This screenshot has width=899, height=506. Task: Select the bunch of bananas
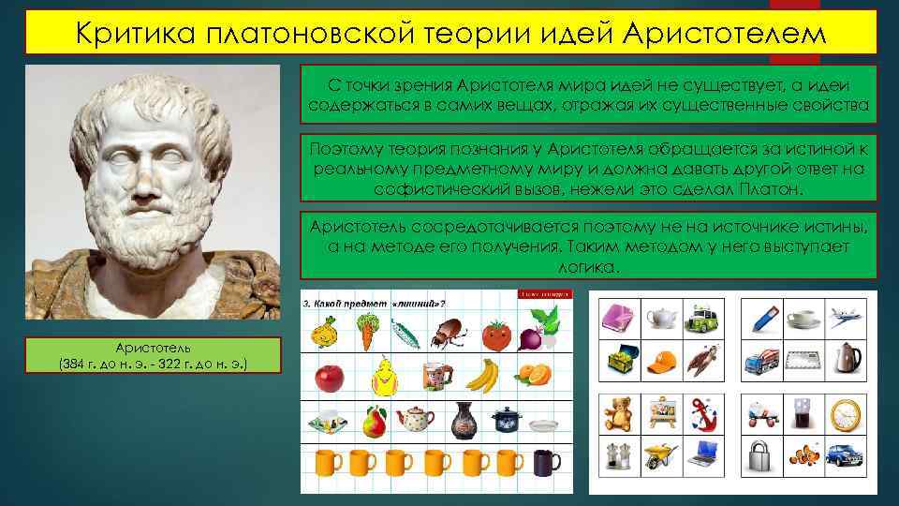tap(481, 376)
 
